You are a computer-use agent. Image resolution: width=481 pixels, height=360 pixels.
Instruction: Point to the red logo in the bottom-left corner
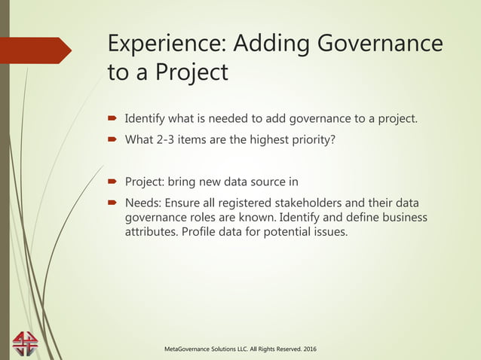click(24, 342)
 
